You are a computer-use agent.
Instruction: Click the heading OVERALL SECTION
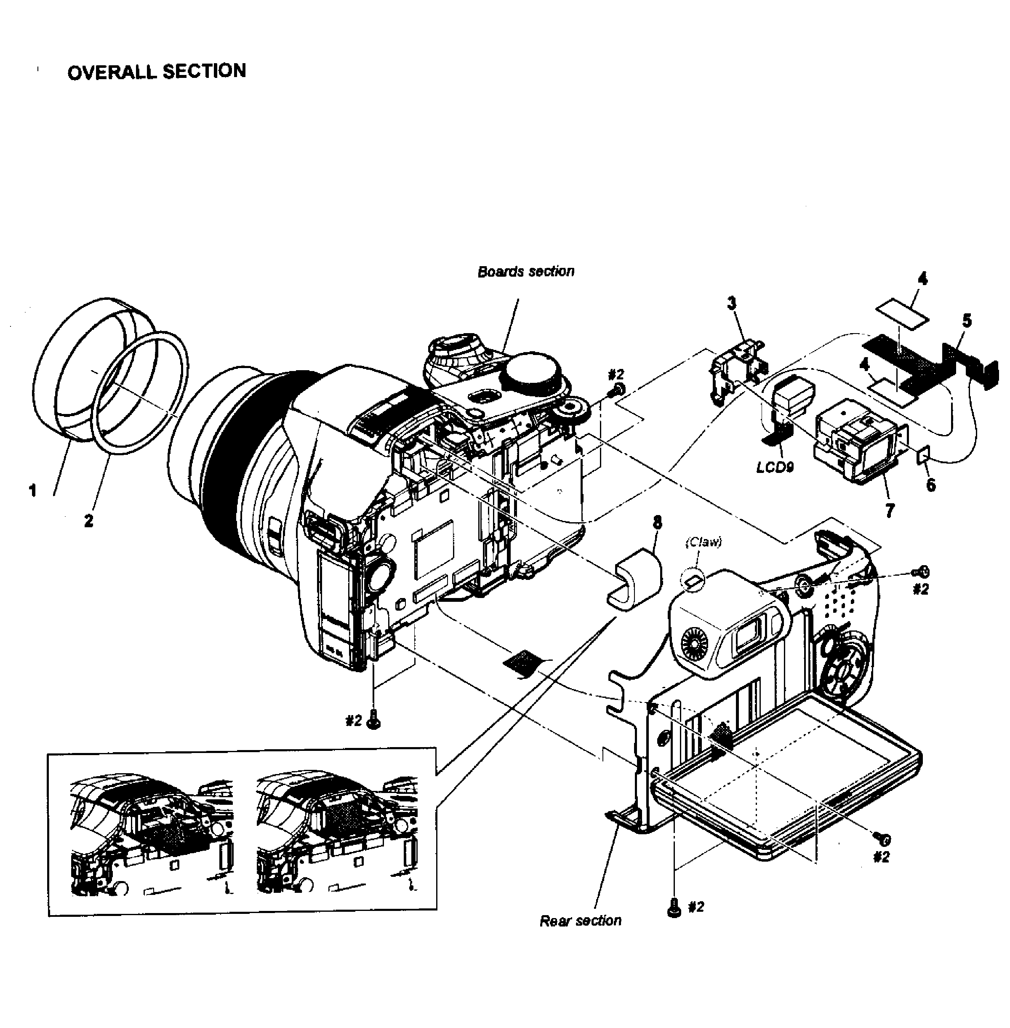point(157,71)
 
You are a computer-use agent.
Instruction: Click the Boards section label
point(526,271)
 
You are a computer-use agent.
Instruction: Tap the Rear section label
point(580,920)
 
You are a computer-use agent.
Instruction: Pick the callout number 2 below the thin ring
point(88,521)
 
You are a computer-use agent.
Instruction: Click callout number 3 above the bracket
point(732,303)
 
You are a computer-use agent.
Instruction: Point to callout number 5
point(967,320)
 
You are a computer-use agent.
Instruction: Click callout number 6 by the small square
point(930,485)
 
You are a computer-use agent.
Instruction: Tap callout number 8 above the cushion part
point(657,522)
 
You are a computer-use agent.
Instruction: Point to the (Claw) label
point(704,542)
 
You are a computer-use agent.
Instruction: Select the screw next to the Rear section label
point(674,908)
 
